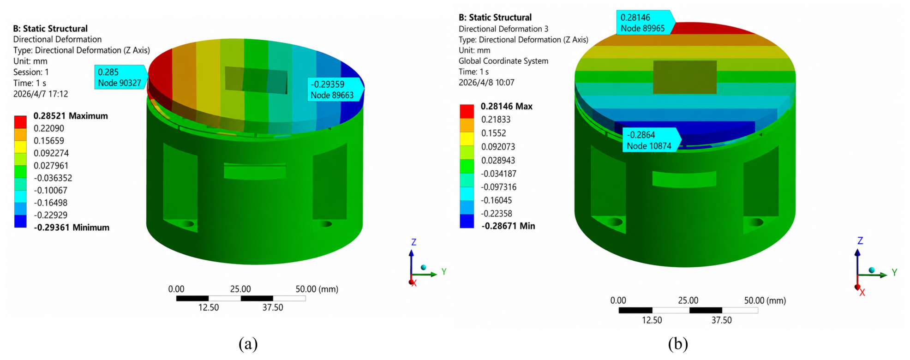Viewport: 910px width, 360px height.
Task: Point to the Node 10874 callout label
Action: point(651,140)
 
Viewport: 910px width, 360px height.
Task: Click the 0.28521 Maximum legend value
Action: point(71,116)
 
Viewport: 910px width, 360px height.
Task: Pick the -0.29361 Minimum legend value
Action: point(72,228)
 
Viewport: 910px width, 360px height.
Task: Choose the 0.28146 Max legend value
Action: point(507,107)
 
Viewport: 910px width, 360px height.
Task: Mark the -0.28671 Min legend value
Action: point(508,226)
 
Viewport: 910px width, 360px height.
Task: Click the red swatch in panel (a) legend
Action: point(20,122)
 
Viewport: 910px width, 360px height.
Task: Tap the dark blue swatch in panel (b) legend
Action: point(467,221)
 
